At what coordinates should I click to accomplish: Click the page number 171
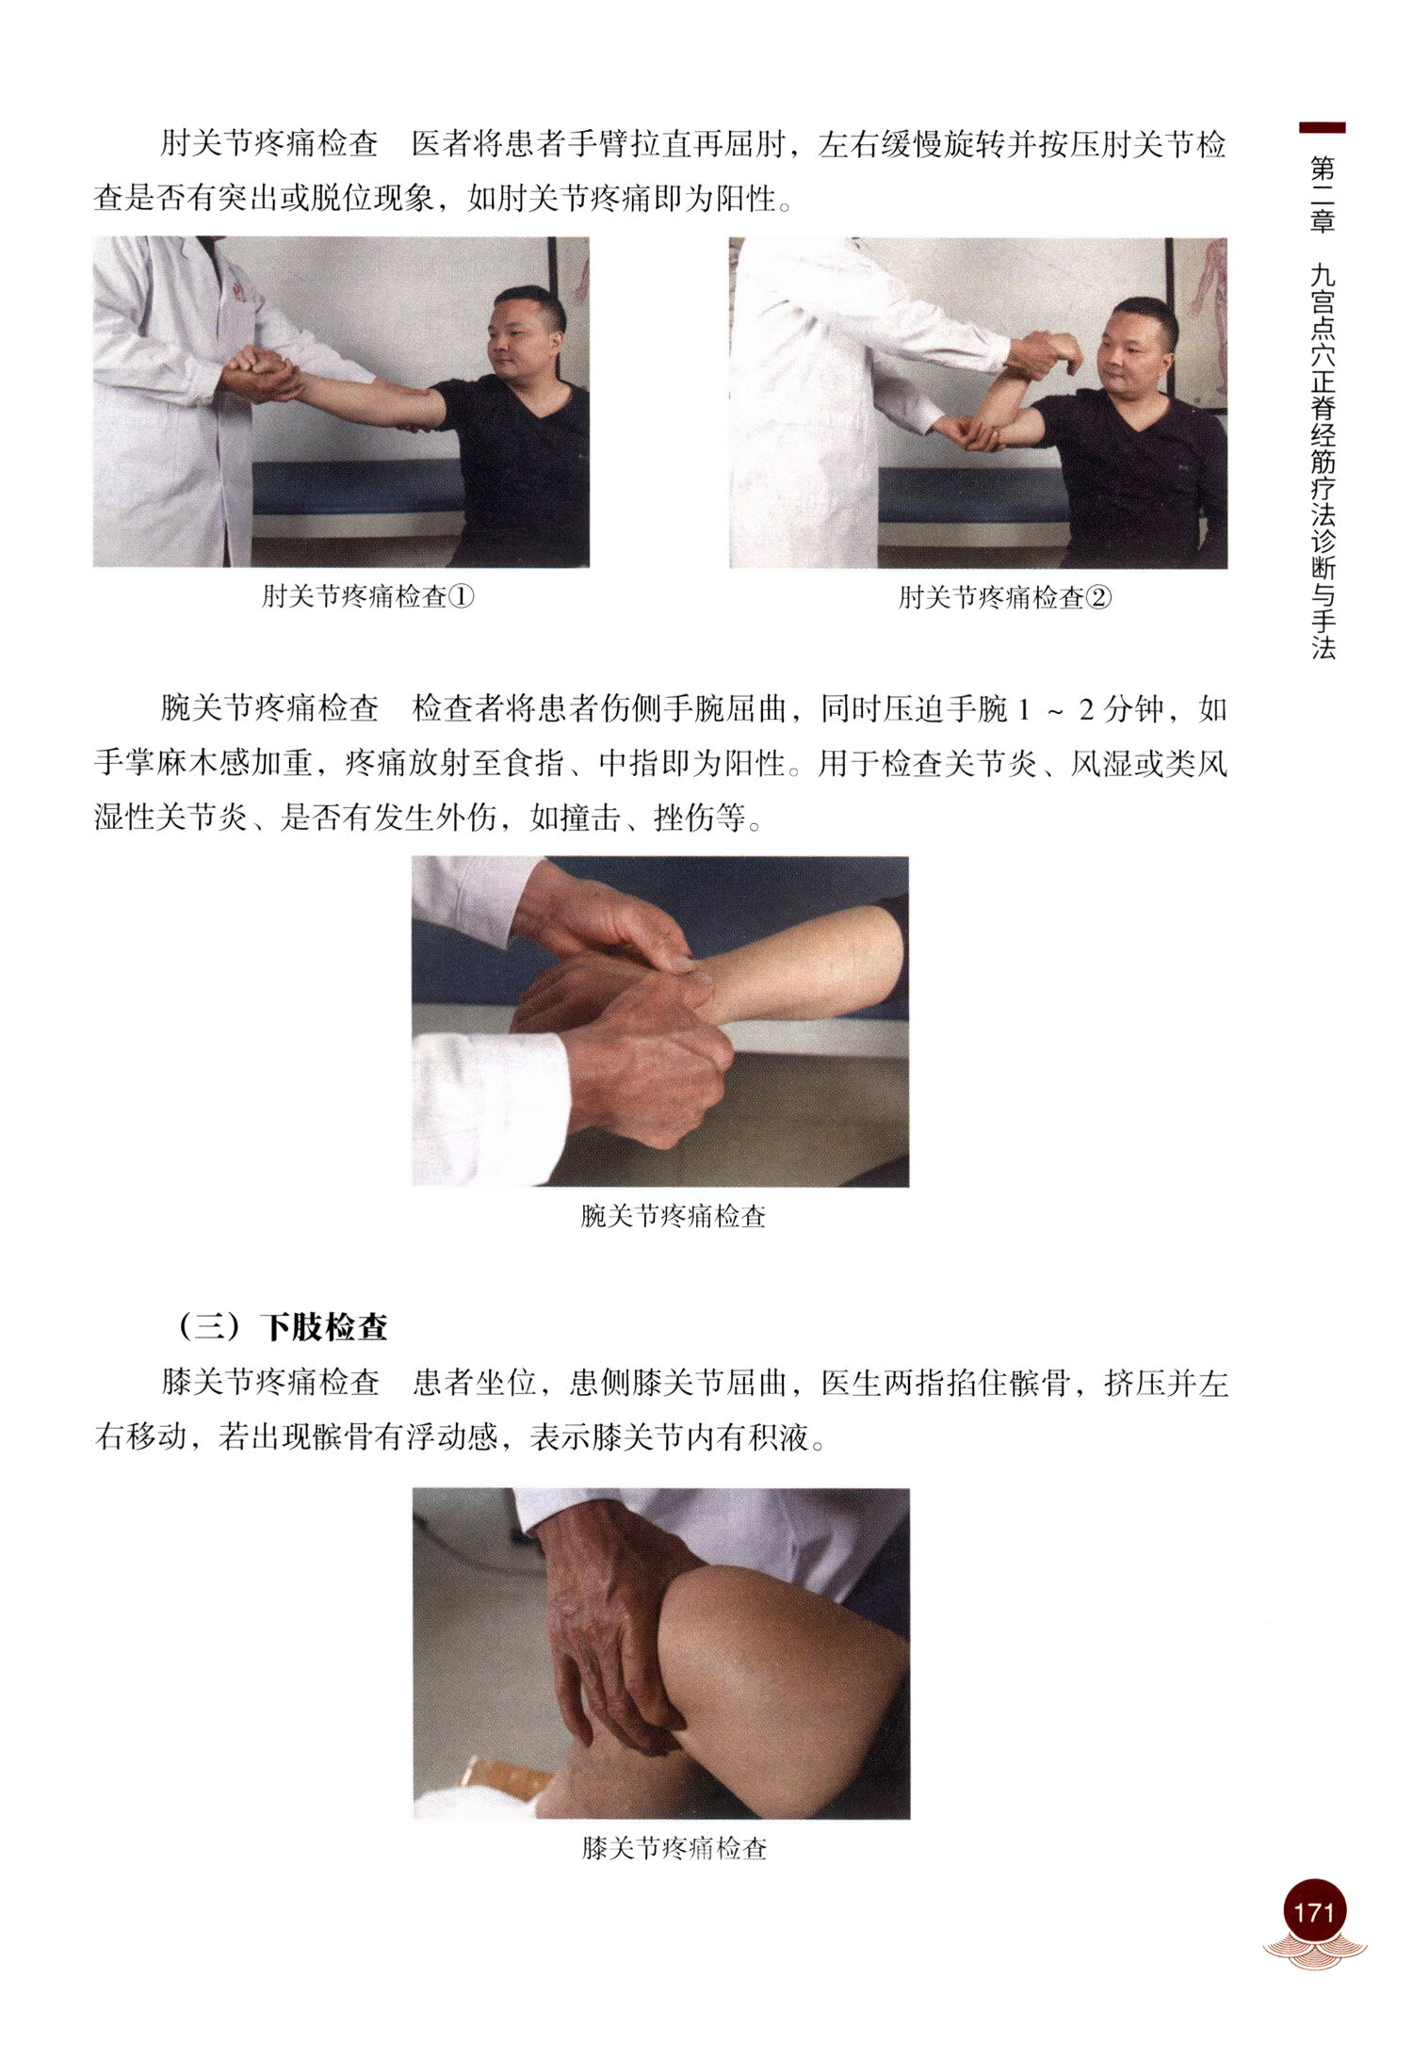pyautogui.click(x=1313, y=1911)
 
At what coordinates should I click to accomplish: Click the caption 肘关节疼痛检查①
pyautogui.click(x=367, y=596)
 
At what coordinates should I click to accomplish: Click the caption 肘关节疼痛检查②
pyautogui.click(x=1004, y=597)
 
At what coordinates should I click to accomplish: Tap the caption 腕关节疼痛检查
pyautogui.click(x=673, y=1216)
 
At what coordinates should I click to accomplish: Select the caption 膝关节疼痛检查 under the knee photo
pyautogui.click(x=674, y=1848)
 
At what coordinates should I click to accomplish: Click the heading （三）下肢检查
pyautogui.click(x=280, y=1327)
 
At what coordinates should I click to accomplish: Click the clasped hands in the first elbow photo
pyautogui.click(x=260, y=373)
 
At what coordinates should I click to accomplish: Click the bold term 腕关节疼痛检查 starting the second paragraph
pyautogui.click(x=270, y=708)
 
